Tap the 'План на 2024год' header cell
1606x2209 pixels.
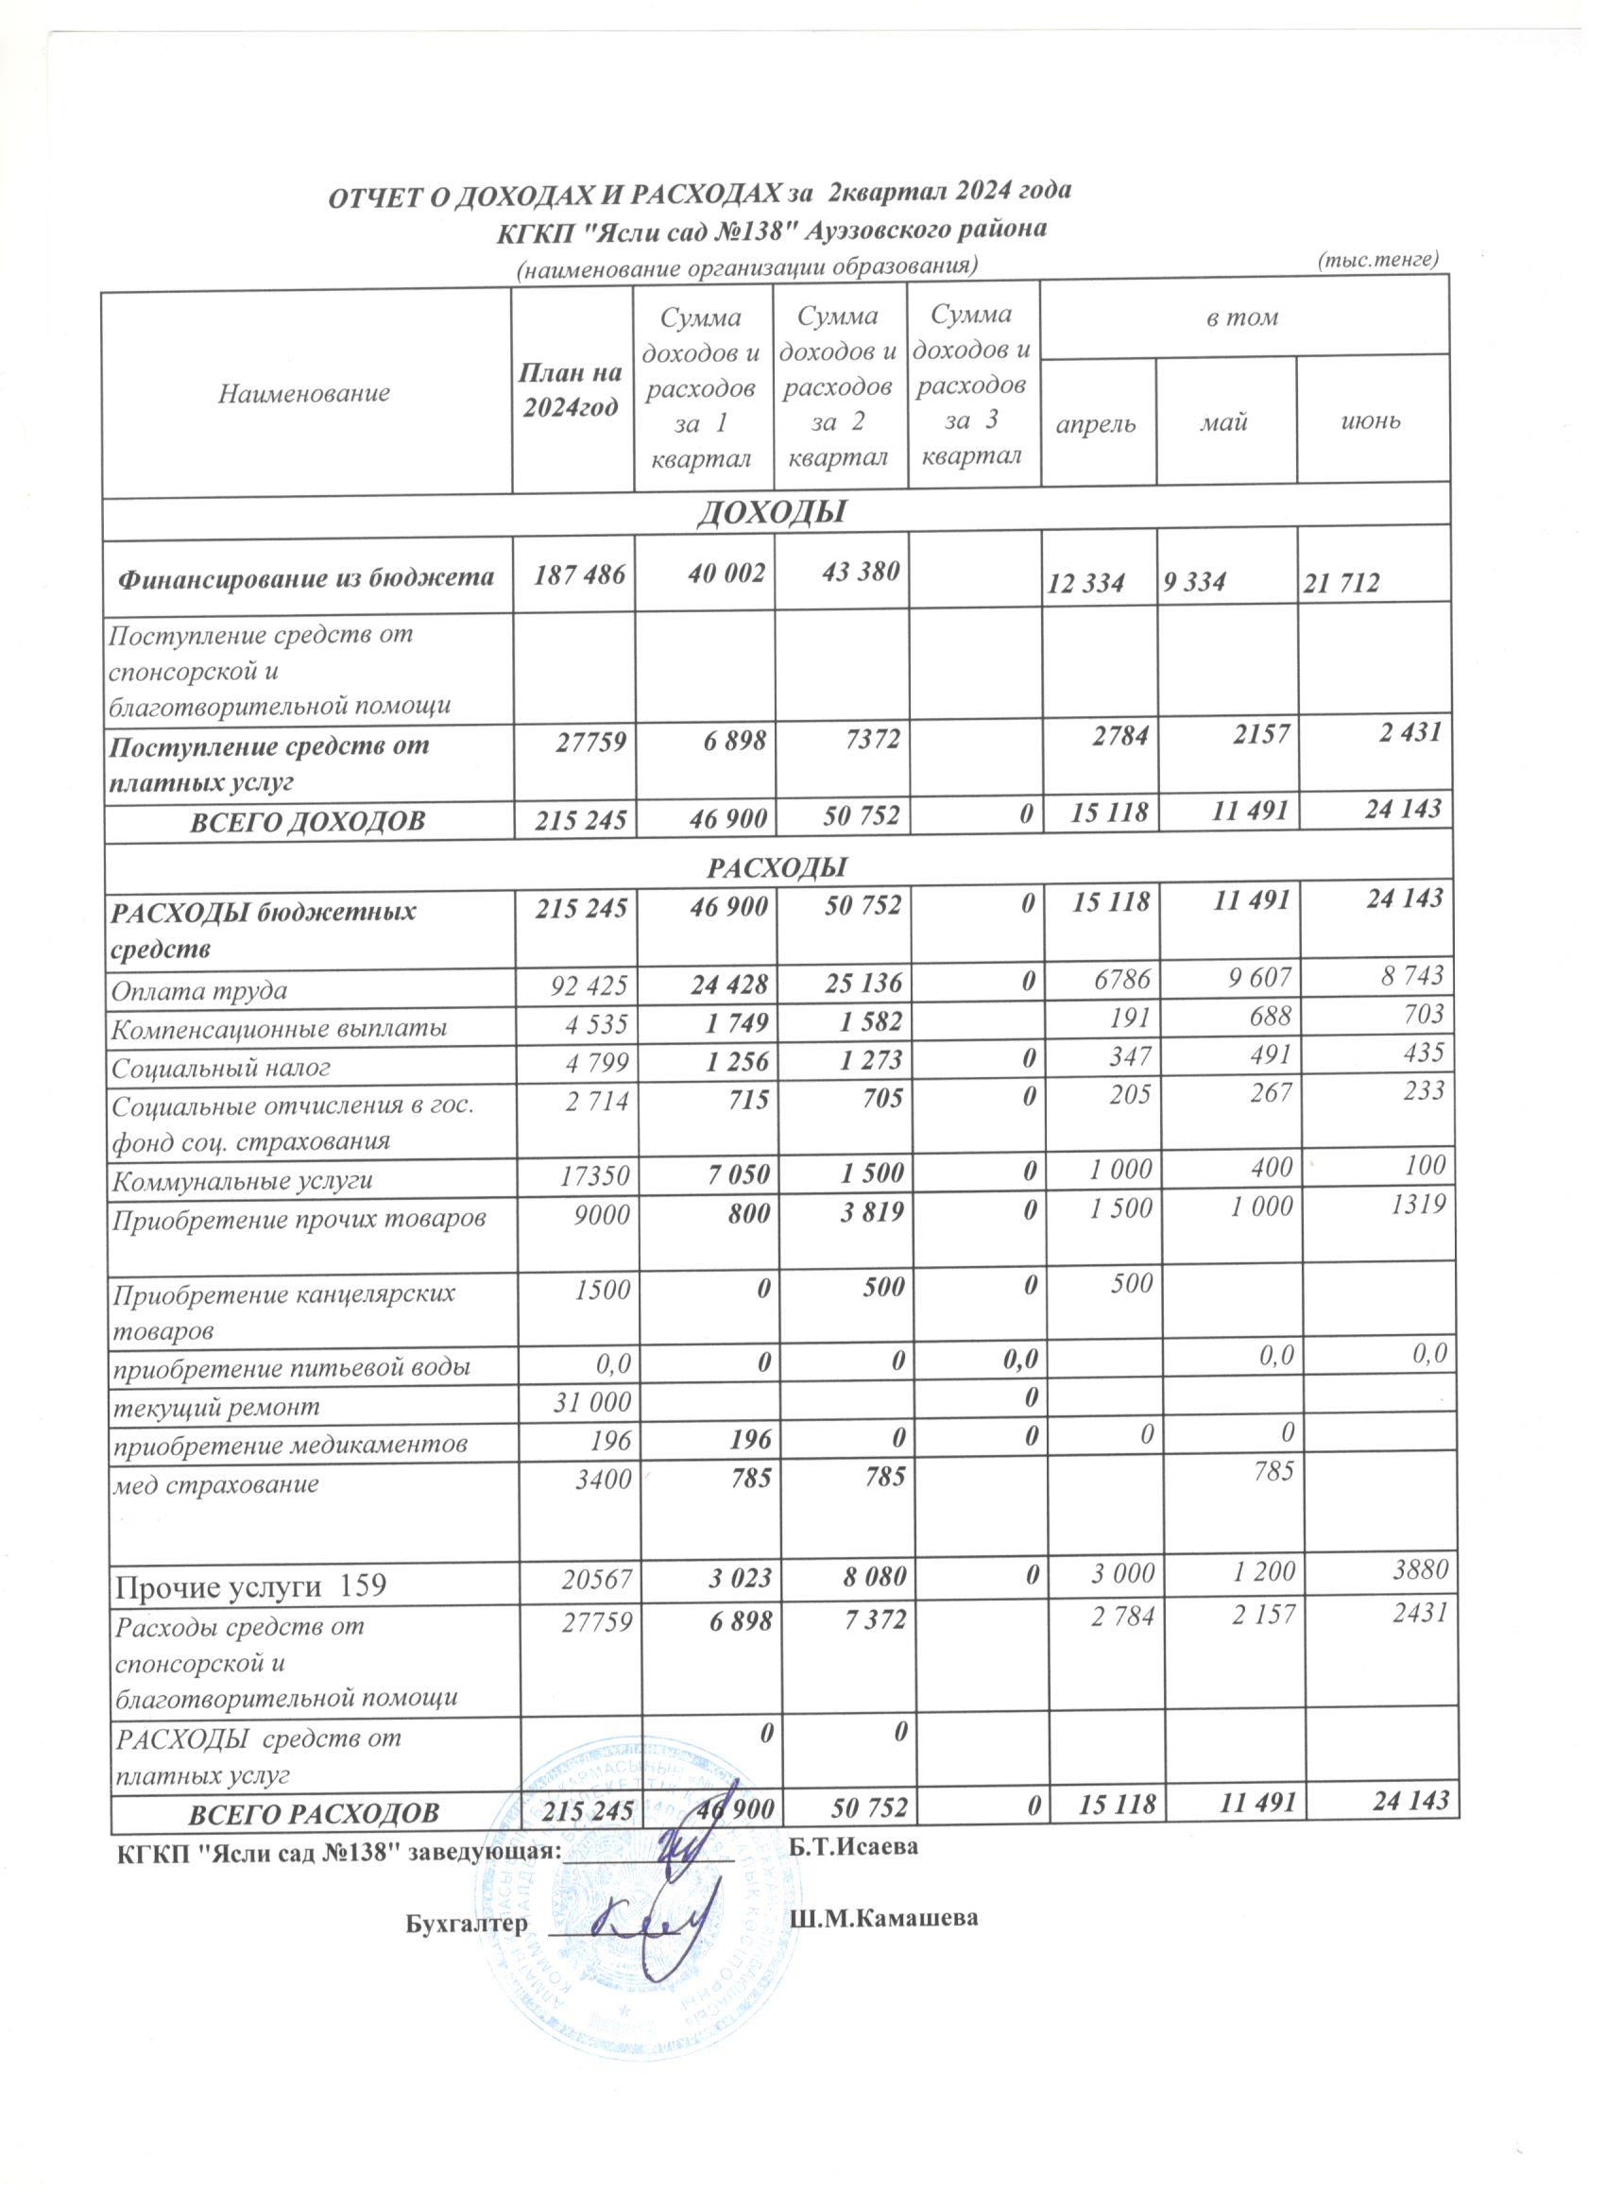(572, 390)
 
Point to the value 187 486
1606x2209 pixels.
(572, 574)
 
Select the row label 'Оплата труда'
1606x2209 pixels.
(199, 991)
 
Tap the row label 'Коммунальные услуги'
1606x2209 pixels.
(244, 1181)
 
